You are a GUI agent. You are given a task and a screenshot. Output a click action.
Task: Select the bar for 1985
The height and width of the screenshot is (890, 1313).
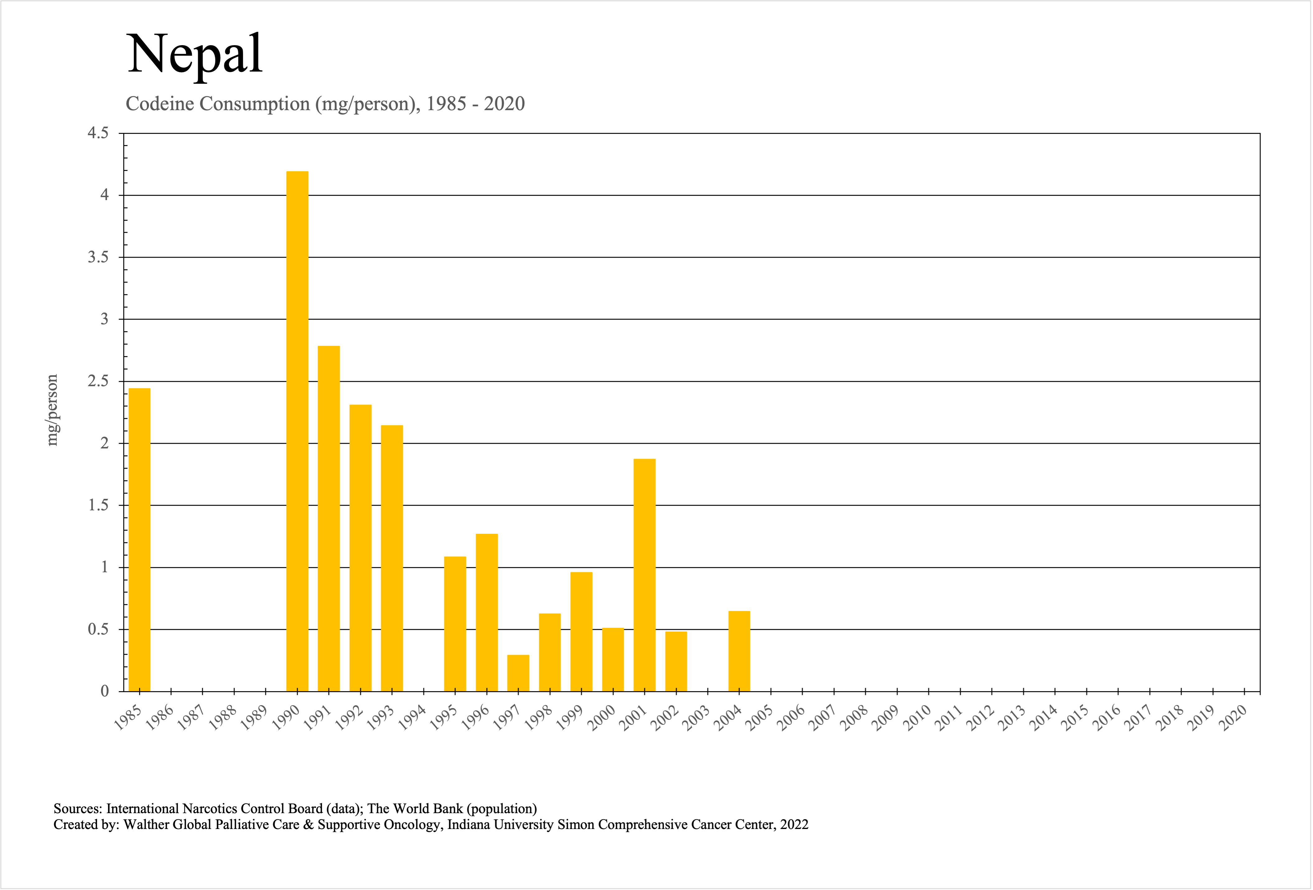point(140,540)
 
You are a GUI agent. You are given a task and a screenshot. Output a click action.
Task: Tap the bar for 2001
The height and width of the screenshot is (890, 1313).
point(644,575)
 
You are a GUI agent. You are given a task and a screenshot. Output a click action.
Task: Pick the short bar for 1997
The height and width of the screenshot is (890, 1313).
point(518,673)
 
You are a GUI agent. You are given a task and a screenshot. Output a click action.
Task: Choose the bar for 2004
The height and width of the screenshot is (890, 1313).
point(739,651)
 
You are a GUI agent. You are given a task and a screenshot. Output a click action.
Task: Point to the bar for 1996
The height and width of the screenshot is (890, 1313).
point(487,612)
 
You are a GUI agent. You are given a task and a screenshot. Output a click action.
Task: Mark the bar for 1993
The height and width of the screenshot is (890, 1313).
point(392,558)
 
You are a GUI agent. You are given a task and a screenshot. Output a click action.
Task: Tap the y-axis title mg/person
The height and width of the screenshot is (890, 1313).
point(52,410)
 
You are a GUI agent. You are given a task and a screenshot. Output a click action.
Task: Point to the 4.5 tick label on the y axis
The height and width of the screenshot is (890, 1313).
point(98,133)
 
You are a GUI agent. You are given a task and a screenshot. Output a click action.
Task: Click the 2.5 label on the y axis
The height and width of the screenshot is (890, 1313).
point(98,382)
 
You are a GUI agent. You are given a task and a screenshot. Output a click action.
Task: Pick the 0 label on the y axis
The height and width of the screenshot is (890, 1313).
point(105,691)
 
